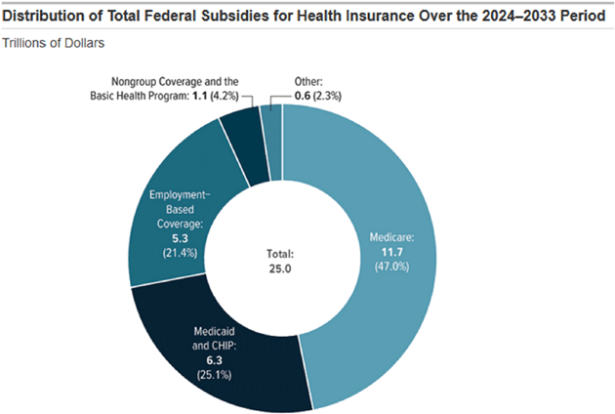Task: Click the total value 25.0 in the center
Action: tap(281, 268)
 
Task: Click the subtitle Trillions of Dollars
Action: tap(55, 44)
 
